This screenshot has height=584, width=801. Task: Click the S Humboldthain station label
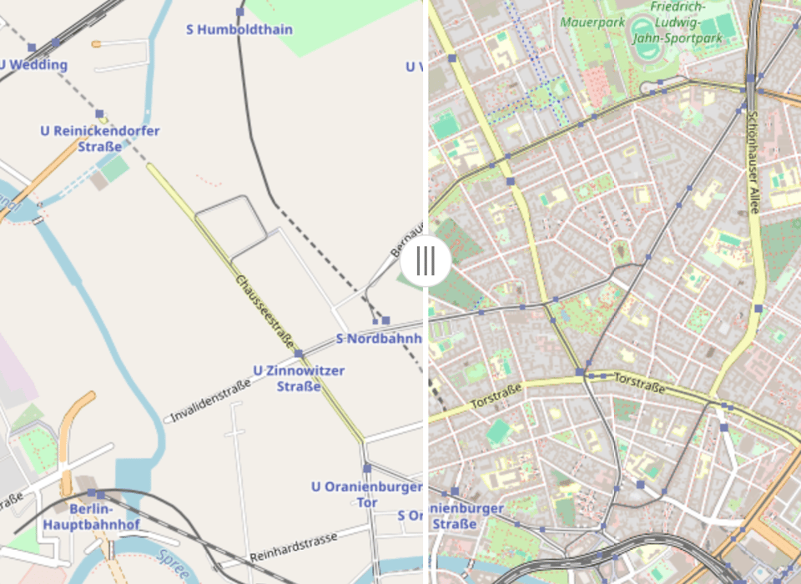tap(239, 30)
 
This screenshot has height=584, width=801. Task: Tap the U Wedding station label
tap(33, 64)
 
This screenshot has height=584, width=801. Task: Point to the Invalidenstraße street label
tap(211, 400)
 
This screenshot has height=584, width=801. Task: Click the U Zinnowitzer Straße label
tap(299, 378)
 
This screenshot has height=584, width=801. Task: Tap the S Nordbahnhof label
tap(378, 339)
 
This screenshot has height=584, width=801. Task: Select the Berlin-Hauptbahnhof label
tap(104, 516)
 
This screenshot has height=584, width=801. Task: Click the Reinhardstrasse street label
tap(294, 546)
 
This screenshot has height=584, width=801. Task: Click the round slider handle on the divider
tap(426, 261)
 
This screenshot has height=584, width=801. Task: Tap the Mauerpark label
tap(587, 21)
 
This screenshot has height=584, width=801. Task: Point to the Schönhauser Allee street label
tap(753, 163)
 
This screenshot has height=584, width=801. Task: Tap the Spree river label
tap(173, 565)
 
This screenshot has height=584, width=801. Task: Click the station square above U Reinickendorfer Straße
tap(99, 113)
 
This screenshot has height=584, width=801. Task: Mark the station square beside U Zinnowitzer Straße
tap(299, 354)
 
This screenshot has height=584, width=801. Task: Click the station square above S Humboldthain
tap(240, 13)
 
